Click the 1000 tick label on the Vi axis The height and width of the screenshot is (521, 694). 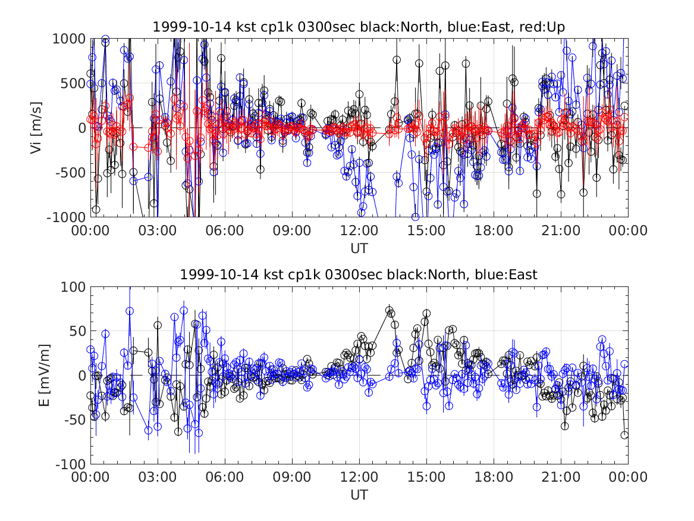(x=69, y=39)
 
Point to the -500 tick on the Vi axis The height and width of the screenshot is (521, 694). (x=70, y=172)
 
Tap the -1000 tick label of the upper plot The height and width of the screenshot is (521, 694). (x=66, y=217)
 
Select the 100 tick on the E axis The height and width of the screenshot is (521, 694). (x=74, y=286)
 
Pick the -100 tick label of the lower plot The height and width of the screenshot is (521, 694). (x=70, y=464)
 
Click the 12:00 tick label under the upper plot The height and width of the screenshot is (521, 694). (x=359, y=230)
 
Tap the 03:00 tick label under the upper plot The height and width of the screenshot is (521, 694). (x=158, y=230)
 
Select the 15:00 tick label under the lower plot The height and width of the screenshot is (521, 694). (x=426, y=477)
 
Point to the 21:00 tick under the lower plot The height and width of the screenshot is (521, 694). (x=561, y=477)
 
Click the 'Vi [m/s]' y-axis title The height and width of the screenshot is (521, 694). (x=36, y=127)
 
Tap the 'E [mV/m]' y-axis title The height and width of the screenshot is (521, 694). (x=44, y=375)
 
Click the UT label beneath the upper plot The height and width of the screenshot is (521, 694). (x=359, y=248)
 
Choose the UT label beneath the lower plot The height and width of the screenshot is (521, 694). (x=359, y=495)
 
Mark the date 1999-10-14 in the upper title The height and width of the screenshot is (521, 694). (x=191, y=27)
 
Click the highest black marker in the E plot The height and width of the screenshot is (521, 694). (x=389, y=310)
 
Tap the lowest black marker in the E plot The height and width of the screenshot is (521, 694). (x=624, y=435)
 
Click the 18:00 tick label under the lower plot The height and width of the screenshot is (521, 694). (x=494, y=477)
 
